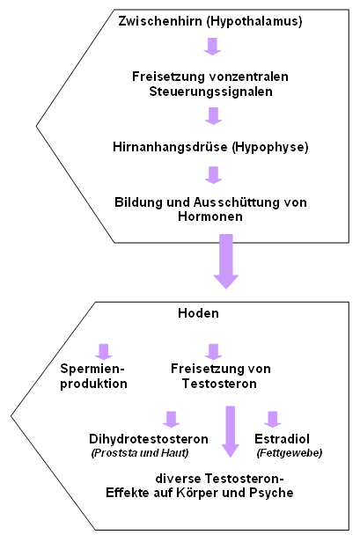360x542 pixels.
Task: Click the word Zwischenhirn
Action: [160, 21]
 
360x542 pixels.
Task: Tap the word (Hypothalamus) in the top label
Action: [254, 21]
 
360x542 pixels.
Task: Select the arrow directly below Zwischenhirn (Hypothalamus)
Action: [212, 47]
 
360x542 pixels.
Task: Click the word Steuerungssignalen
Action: [210, 92]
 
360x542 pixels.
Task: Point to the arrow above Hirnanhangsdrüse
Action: [213, 116]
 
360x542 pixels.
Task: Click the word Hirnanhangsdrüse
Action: [170, 147]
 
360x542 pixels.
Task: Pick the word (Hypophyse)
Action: [270, 147]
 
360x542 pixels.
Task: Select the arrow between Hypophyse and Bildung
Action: [213, 175]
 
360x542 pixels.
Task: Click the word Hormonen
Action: [210, 216]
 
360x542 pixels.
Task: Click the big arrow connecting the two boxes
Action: [226, 261]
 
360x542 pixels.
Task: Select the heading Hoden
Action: [199, 313]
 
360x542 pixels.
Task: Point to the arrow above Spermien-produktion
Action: [104, 352]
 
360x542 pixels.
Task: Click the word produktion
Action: [93, 384]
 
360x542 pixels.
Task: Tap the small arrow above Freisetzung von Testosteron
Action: [213, 352]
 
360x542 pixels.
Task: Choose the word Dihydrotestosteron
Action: [149, 439]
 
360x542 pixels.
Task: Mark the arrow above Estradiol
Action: [273, 420]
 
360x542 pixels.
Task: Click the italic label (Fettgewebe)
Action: [290, 453]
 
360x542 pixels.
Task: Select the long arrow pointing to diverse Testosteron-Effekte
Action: [231, 432]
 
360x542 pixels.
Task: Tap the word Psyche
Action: [272, 493]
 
